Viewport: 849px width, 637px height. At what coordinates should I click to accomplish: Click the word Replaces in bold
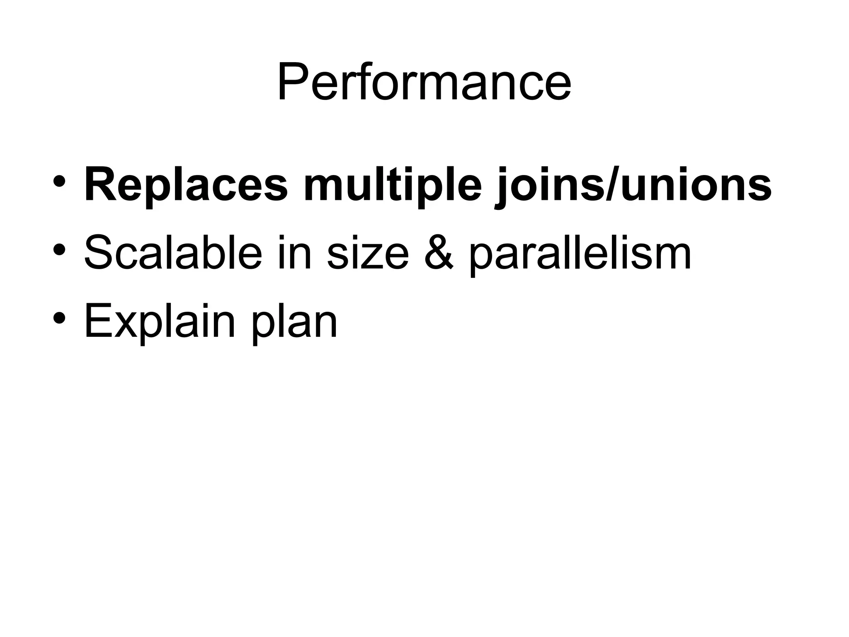click(x=186, y=184)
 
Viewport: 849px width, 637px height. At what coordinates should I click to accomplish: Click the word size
click(x=367, y=252)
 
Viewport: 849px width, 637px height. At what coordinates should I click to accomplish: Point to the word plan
click(x=295, y=323)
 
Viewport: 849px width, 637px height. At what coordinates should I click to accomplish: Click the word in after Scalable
click(x=294, y=252)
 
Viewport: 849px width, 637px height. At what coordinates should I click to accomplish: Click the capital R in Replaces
click(x=99, y=184)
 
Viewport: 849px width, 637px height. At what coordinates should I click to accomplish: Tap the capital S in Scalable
click(x=97, y=252)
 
